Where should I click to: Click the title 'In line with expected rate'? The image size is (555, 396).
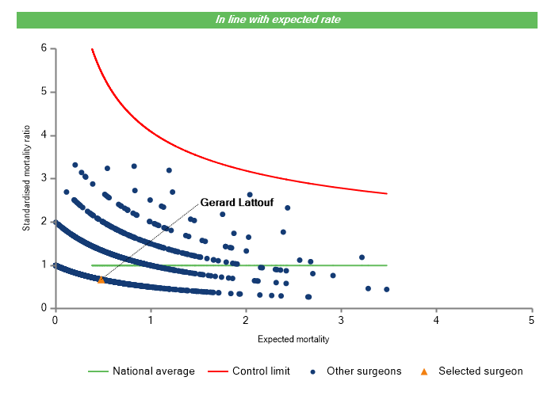click(277, 19)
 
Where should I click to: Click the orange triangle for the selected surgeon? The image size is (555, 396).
click(101, 280)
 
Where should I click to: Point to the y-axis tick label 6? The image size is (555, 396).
click(44, 48)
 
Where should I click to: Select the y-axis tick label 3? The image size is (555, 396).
click(44, 178)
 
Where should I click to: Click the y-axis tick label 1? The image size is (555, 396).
click(44, 265)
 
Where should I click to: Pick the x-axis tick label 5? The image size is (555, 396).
click(531, 320)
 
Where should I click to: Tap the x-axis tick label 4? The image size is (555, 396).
click(436, 320)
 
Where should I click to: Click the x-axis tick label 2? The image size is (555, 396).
click(246, 320)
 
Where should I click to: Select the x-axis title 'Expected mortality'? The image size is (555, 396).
click(293, 339)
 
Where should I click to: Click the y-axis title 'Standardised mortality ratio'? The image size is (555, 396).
click(26, 178)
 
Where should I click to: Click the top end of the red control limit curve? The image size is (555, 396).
click(92, 49)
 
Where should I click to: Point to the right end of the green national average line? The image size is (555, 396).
click(387, 265)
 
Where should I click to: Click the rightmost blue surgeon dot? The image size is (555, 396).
click(386, 289)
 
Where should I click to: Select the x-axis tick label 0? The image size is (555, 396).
click(55, 320)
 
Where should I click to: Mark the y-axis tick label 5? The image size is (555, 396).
click(44, 92)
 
